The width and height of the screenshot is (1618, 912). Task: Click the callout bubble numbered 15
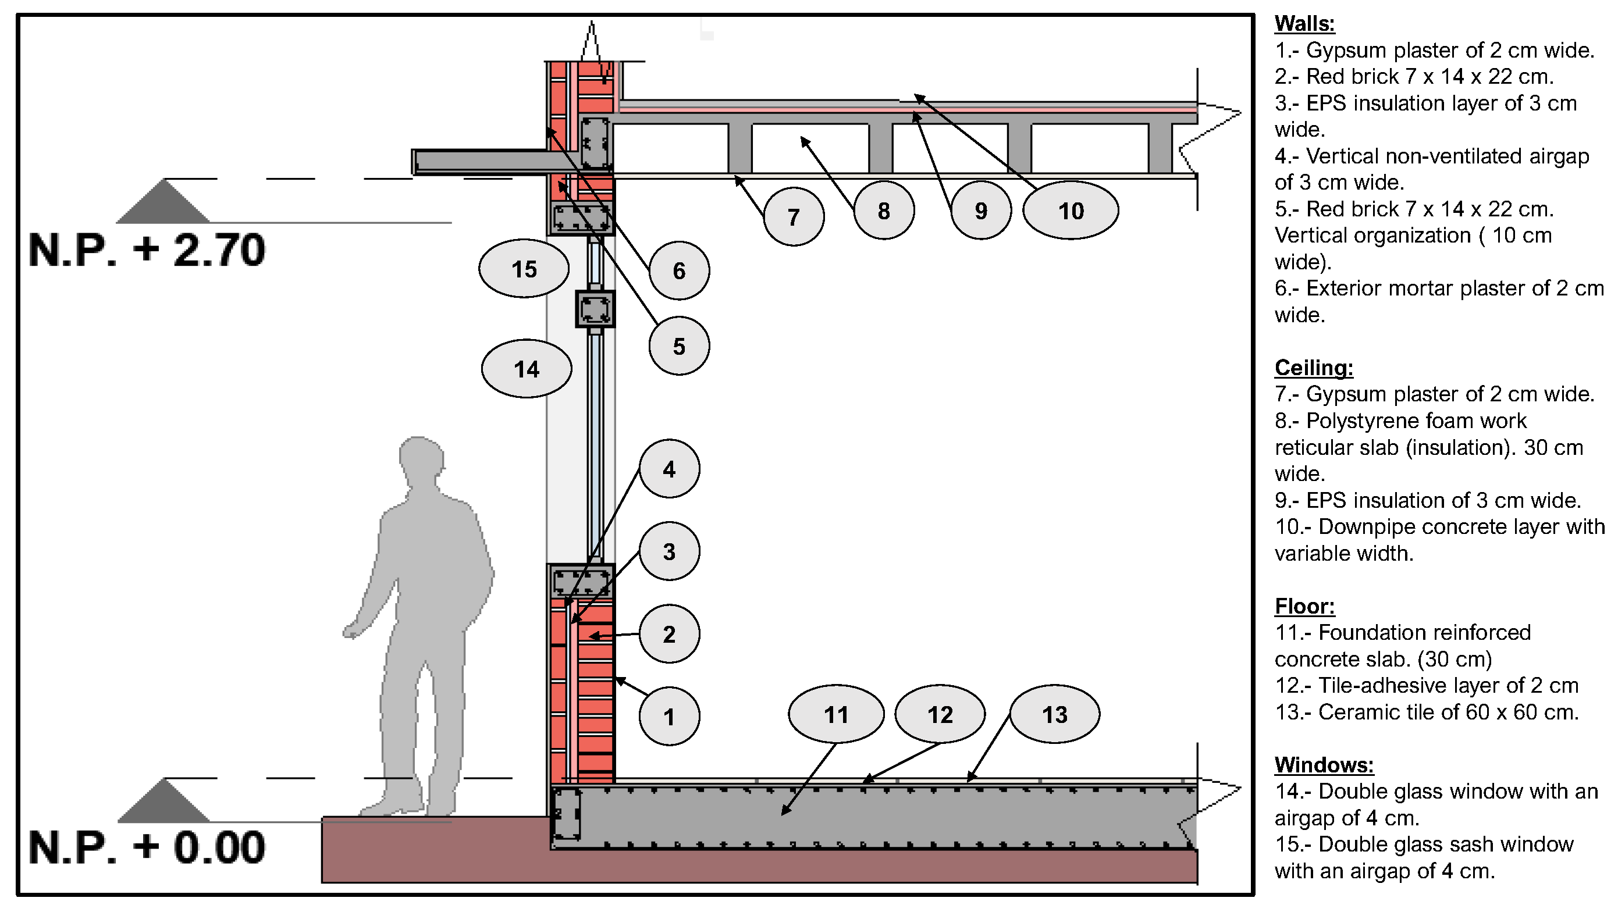coord(524,269)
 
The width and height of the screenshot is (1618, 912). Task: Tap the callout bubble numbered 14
coord(527,369)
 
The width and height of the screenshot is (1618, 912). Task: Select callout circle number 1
coord(669,716)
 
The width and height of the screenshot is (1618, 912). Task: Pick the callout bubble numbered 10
coord(1071,211)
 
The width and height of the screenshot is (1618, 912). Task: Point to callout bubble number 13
coord(1055,714)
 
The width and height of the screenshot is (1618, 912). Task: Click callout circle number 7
coord(794,217)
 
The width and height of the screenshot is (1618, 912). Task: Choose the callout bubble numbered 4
coord(669,469)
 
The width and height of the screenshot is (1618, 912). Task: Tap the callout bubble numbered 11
coord(836,714)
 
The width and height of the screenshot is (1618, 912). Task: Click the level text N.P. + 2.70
coord(147,250)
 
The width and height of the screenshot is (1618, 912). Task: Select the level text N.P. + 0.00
coord(147,847)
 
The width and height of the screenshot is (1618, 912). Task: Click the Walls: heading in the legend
coord(1304,24)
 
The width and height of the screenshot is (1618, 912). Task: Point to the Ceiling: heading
coord(1313,368)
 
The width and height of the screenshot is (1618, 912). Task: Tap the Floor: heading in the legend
coord(1304,606)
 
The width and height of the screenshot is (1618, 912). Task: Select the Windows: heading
coord(1324,765)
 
